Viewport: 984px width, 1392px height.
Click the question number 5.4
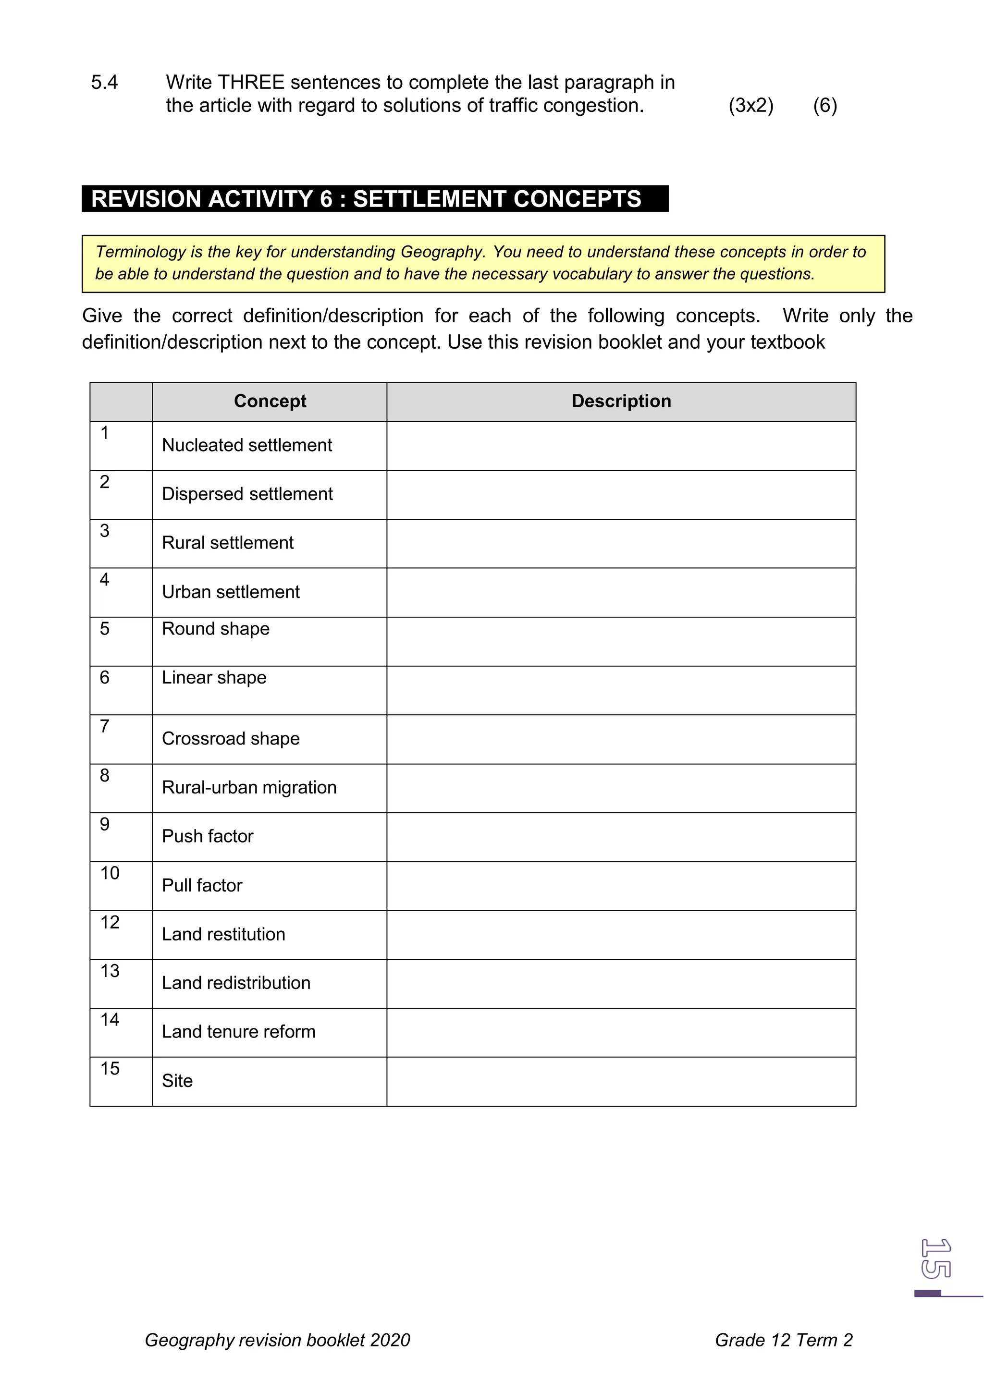pos(104,83)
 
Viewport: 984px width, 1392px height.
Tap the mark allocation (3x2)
pos(750,106)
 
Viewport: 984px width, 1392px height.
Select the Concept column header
pos(270,402)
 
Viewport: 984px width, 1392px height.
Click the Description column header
pos(621,402)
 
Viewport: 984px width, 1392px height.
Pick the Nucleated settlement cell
pos(247,446)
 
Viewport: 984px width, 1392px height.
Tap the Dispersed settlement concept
pos(247,494)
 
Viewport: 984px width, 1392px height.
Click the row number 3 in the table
pos(105,531)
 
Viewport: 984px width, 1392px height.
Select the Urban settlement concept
pos(231,592)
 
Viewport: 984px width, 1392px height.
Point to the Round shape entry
pos(216,629)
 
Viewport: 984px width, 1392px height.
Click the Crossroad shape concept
pos(231,739)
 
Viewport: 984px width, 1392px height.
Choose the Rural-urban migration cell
pos(249,788)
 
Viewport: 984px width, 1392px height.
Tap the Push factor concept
pos(208,837)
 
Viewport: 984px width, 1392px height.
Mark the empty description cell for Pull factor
pos(621,886)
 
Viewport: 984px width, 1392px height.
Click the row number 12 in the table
pos(110,923)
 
